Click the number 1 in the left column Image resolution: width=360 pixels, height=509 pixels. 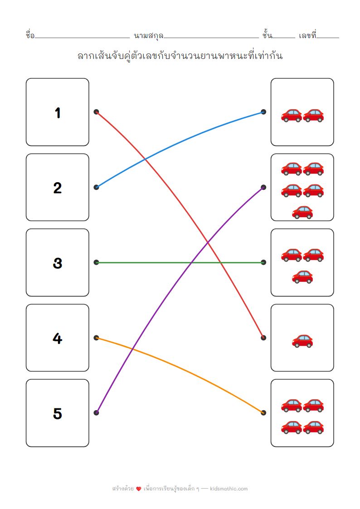tap(58, 113)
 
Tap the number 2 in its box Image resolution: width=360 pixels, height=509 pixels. tap(57, 188)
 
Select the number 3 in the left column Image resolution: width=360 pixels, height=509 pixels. tap(57, 263)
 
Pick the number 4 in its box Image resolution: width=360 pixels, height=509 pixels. tap(57, 338)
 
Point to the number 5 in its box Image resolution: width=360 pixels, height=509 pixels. tap(57, 413)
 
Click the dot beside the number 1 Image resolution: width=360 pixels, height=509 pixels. tap(96, 111)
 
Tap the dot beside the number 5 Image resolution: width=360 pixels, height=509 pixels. tap(96, 412)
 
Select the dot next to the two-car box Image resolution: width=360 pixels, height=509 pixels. tap(263, 111)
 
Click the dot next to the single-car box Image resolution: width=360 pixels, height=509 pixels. tap(263, 338)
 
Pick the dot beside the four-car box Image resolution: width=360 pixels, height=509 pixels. tap(263, 412)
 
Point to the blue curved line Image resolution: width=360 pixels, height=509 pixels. tap(181, 136)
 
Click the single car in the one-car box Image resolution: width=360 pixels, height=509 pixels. tap(302, 340)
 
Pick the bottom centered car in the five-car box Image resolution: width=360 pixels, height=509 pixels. tap(302, 212)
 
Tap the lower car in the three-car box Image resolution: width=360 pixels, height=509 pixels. tap(302, 276)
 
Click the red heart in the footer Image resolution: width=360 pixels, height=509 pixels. tap(139, 489)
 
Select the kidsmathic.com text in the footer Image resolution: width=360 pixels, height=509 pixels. tap(229, 489)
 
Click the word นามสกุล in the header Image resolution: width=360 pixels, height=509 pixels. tap(148, 35)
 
